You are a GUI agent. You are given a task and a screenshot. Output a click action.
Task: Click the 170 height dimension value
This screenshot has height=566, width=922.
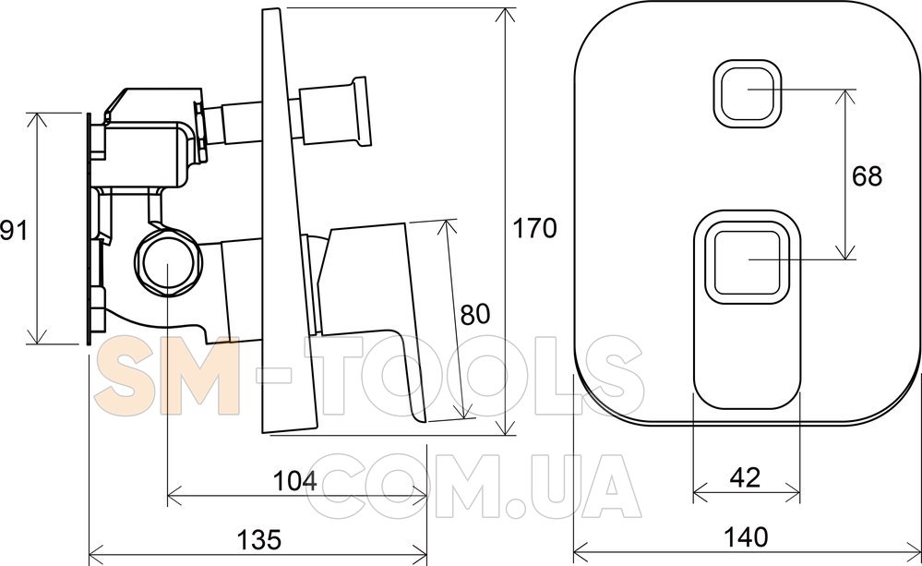click(x=534, y=228)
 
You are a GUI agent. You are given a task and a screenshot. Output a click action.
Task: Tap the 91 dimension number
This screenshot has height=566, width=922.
click(x=14, y=230)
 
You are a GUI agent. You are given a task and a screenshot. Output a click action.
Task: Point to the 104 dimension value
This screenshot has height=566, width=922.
click(x=294, y=481)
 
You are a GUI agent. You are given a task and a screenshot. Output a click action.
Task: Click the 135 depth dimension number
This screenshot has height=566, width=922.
click(x=259, y=539)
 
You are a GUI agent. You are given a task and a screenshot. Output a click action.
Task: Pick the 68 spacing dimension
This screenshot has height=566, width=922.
click(x=867, y=175)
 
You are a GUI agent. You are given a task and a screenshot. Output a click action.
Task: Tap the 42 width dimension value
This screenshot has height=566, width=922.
click(x=745, y=476)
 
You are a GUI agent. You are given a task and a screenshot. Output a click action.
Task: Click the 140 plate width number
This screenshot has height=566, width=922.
click(x=746, y=536)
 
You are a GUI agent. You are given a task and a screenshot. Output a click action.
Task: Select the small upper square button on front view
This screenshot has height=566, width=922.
click(x=748, y=93)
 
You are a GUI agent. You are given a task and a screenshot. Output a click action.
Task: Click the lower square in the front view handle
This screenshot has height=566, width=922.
click(x=747, y=262)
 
